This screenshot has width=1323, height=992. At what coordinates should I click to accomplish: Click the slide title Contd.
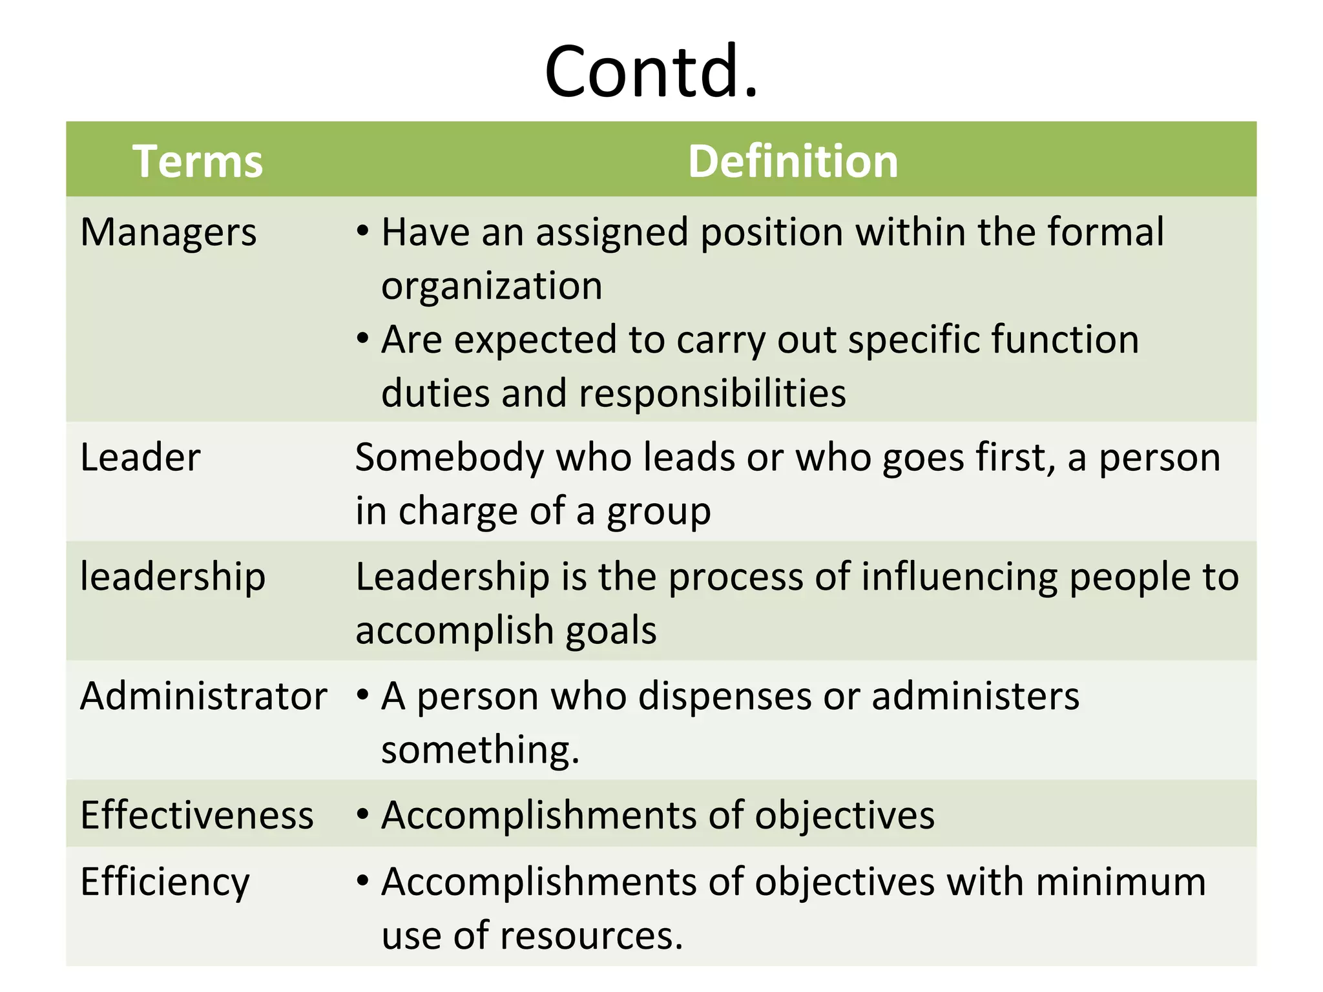click(x=651, y=71)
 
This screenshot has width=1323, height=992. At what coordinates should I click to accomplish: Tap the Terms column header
click(x=198, y=161)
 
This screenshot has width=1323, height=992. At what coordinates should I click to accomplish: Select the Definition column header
click(x=793, y=161)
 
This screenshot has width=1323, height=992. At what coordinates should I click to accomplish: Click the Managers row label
click(x=169, y=232)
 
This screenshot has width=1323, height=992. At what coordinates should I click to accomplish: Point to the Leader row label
click(x=140, y=458)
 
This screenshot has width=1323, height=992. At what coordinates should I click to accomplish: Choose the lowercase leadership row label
click(x=172, y=577)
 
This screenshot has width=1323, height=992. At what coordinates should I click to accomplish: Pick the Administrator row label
click(x=203, y=696)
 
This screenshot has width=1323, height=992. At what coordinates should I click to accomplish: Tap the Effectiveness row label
click(x=197, y=815)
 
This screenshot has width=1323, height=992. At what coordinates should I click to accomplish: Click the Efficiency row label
click(x=165, y=882)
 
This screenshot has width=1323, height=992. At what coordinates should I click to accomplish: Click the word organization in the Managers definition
click(x=492, y=286)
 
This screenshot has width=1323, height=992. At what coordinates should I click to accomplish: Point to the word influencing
click(x=959, y=577)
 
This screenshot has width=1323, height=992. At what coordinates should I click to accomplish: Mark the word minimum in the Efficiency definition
click(x=1121, y=882)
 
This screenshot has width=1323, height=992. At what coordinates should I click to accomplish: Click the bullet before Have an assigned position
click(x=363, y=231)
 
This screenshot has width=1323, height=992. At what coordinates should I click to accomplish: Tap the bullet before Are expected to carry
click(x=363, y=338)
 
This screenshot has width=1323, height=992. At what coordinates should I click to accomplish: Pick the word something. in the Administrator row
click(x=480, y=750)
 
